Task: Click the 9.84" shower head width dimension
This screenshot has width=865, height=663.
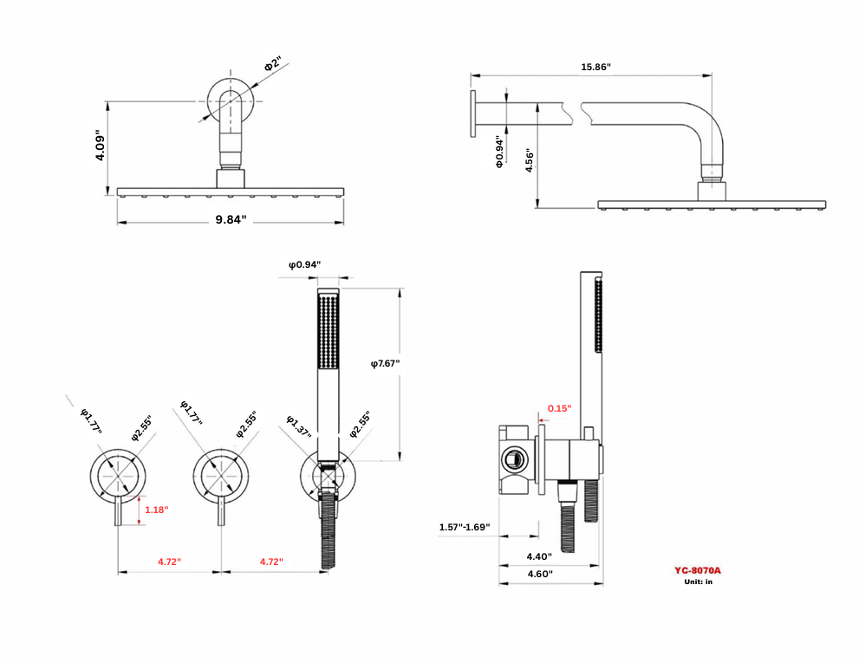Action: [x=231, y=220]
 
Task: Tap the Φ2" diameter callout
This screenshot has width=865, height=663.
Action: [x=273, y=65]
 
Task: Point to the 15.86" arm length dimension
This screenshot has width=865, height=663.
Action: [x=595, y=67]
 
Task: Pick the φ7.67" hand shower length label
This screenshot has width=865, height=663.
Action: [x=386, y=363]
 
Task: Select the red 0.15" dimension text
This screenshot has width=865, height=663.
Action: [x=560, y=408]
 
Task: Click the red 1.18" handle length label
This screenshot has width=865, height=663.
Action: [x=156, y=510]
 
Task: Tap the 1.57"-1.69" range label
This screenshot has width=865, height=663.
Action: [x=465, y=527]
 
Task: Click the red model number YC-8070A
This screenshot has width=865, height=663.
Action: [x=698, y=570]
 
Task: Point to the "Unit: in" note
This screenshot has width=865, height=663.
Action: [x=698, y=582]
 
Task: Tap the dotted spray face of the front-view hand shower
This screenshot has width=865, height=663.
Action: [x=329, y=334]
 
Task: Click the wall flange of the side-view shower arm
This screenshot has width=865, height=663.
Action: [x=473, y=114]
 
